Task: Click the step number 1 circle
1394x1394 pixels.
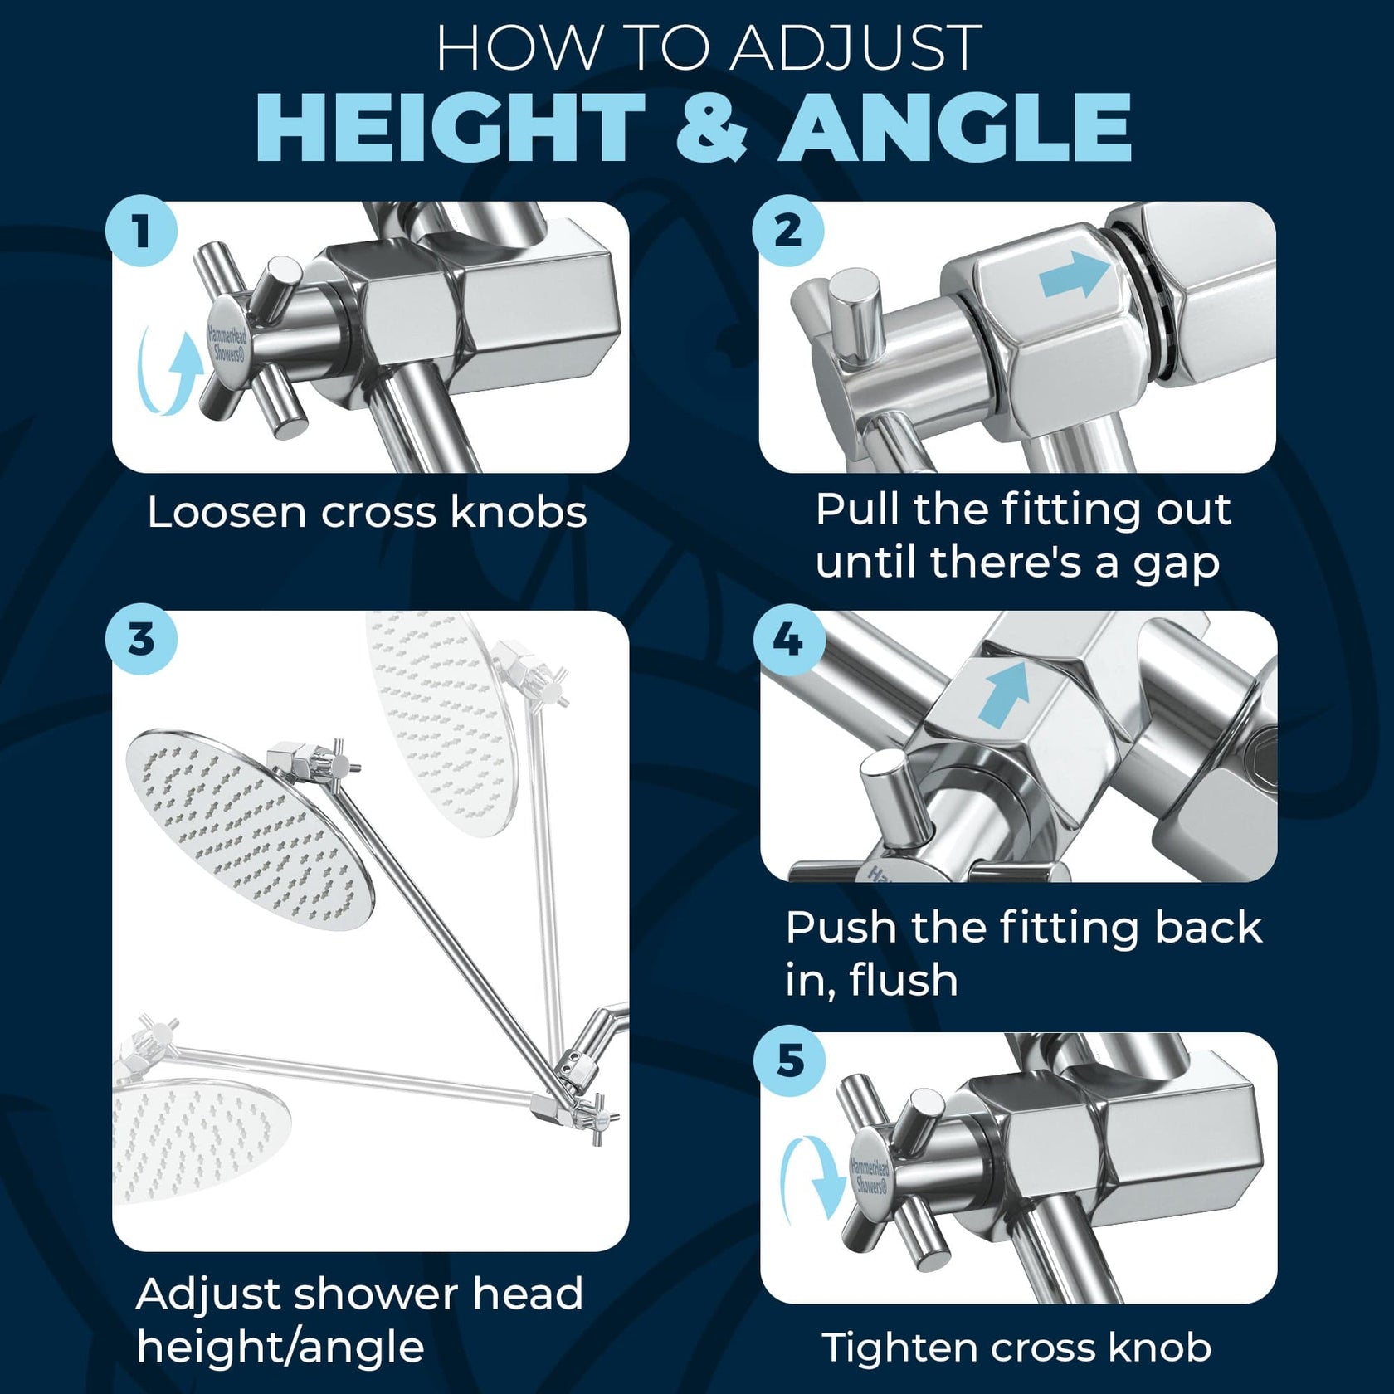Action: click(x=141, y=231)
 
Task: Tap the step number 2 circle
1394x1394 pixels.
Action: click(x=787, y=231)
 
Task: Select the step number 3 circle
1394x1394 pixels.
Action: click(x=141, y=639)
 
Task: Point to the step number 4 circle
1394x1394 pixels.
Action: click(x=788, y=639)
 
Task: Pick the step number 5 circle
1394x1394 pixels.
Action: click(x=789, y=1060)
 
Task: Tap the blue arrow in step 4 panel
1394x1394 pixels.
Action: click(x=1004, y=693)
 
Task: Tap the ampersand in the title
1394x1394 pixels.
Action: click(x=712, y=129)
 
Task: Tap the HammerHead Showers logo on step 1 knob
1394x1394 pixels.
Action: click(x=227, y=344)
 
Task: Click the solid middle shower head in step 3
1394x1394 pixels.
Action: click(x=249, y=830)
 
